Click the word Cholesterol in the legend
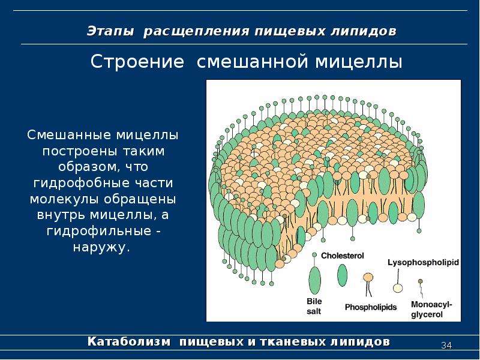[x=342, y=256]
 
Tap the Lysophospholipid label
[x=424, y=263]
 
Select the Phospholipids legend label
[x=371, y=307]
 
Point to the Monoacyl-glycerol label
[x=431, y=310]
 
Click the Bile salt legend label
[x=314, y=306]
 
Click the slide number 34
[x=446, y=346]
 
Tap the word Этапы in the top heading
[x=110, y=32]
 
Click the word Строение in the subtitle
[x=137, y=62]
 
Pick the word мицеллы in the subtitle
[x=358, y=62]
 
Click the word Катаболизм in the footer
[x=129, y=341]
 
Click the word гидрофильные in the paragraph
[x=99, y=231]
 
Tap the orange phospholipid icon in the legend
[x=368, y=284]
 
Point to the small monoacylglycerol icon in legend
[x=421, y=288]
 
